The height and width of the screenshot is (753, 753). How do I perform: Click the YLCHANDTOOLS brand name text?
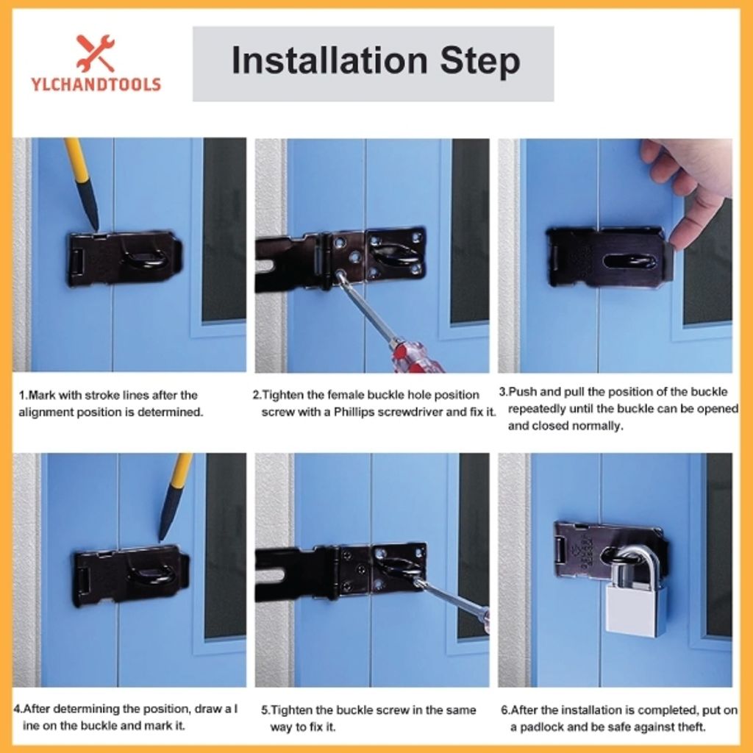click(x=96, y=85)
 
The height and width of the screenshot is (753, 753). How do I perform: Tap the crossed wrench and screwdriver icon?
click(x=96, y=53)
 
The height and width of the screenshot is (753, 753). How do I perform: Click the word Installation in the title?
click(x=329, y=60)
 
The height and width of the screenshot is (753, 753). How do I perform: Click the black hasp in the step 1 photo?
click(x=124, y=258)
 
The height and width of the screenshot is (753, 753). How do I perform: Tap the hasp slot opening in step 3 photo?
click(x=629, y=263)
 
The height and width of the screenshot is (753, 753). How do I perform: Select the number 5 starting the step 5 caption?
click(x=265, y=710)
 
